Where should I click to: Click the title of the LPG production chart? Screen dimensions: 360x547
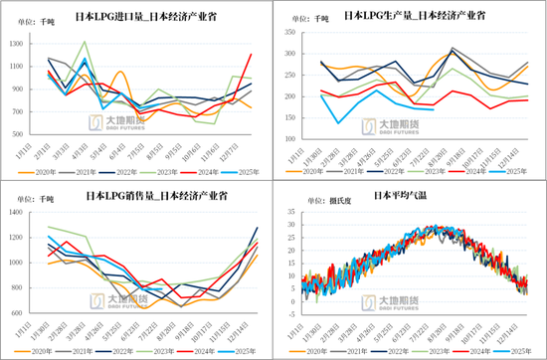409,16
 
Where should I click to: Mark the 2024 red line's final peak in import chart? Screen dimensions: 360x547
252,54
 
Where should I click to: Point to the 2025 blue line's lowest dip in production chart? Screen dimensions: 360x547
340,123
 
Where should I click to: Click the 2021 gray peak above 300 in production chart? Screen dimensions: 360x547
454,48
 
